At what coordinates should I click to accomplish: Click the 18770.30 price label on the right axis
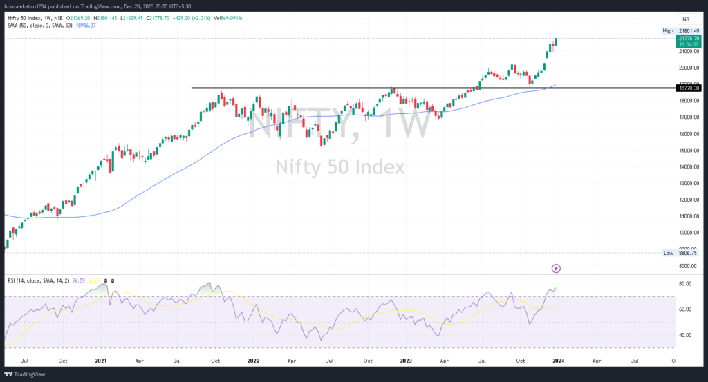point(689,88)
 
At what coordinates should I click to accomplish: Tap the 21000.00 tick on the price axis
point(689,51)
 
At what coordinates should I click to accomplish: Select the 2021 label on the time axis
point(101,361)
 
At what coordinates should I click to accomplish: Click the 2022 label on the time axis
point(254,361)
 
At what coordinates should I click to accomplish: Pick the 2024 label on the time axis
point(558,361)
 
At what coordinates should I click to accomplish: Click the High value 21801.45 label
point(689,31)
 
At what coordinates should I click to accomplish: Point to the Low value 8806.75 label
point(689,253)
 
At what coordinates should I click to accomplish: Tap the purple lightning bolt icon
point(556,268)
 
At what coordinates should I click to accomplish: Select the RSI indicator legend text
point(41,280)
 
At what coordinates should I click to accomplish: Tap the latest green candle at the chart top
point(557,43)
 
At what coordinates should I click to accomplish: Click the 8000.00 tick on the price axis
point(689,266)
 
